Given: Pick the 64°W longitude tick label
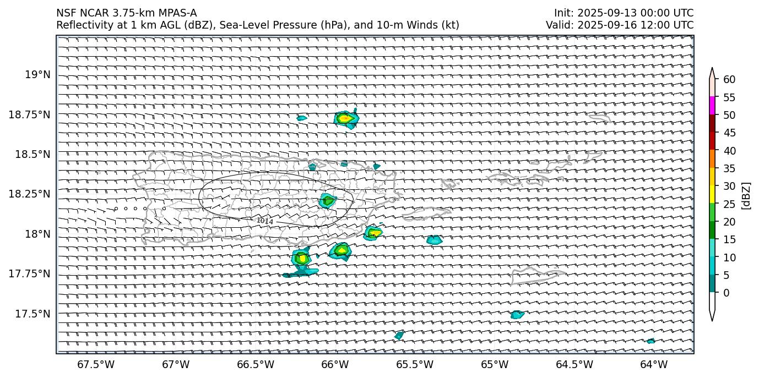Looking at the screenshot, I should click(x=654, y=364).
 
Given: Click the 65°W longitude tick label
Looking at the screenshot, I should click(x=494, y=364).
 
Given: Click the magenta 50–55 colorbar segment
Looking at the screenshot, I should click(x=712, y=106).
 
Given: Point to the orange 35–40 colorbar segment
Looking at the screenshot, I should click(x=712, y=158).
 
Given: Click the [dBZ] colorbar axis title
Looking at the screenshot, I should click(x=747, y=195).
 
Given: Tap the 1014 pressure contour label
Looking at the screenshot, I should click(x=265, y=221).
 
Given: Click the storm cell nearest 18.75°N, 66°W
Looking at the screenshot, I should click(x=345, y=118).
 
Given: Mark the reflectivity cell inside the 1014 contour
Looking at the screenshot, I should click(x=328, y=200).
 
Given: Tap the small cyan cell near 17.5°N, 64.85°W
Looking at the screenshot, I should click(x=517, y=315).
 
